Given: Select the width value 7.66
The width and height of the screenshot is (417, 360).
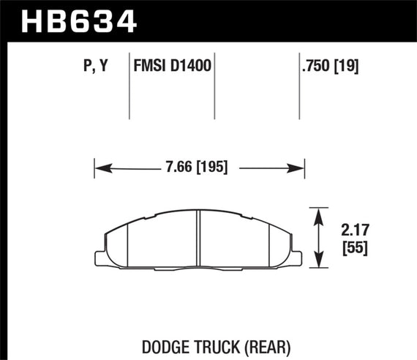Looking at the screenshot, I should (x=179, y=168).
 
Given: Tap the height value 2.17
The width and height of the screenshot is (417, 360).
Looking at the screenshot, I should (x=354, y=232).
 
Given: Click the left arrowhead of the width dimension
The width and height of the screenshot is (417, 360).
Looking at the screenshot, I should (x=100, y=168).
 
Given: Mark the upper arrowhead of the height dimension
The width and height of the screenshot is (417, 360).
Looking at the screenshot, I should (x=320, y=213).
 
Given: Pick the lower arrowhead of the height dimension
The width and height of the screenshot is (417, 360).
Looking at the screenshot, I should (x=320, y=261).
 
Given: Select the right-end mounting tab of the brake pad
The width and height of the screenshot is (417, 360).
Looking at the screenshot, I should (x=298, y=255).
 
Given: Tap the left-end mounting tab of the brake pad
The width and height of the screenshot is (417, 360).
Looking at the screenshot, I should (x=102, y=255).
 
